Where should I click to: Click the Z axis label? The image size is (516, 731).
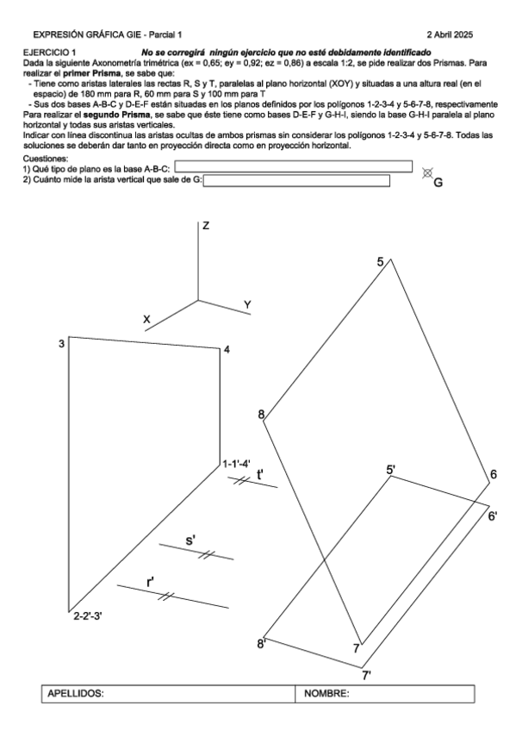tap(206, 226)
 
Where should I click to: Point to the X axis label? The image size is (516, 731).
tap(147, 319)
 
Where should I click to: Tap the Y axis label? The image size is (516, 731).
tap(248, 305)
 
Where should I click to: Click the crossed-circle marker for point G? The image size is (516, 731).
tap(426, 173)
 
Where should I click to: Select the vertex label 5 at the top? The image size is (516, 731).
tap(381, 262)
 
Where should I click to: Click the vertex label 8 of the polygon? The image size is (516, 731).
tap(261, 414)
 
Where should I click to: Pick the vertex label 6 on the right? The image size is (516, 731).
tap(494, 475)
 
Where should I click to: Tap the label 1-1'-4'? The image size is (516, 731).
tap(237, 464)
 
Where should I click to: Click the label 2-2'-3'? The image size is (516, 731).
tap(88, 615)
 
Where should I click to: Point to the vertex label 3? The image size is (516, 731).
tap(61, 344)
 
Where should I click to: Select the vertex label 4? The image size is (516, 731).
tap(227, 350)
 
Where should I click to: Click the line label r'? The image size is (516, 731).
tap(151, 582)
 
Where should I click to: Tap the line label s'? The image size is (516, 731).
tap(190, 540)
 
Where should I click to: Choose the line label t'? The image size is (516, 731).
tap(260, 475)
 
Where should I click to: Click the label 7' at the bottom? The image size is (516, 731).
tap(367, 675)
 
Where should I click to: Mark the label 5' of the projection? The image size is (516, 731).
tap(391, 470)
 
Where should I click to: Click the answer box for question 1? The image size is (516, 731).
tap(294, 166)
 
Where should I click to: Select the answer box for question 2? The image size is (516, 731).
tap(296, 180)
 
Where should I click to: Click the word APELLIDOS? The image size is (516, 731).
tap(76, 694)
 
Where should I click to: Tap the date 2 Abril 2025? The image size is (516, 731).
tap(450, 34)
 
